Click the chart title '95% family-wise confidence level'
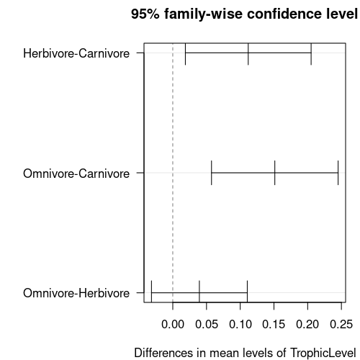click(x=244, y=14)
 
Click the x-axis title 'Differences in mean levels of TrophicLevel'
click(x=245, y=353)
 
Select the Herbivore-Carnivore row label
click(x=76, y=53)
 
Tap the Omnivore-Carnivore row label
click(x=76, y=174)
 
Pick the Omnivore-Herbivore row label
click(x=76, y=293)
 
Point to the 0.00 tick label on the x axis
click(x=173, y=325)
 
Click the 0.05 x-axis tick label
click(x=207, y=325)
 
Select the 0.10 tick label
click(x=240, y=325)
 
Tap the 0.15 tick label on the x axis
click(x=274, y=325)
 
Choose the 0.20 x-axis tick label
click(x=307, y=325)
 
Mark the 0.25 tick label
click(x=341, y=325)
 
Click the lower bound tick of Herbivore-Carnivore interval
click(x=185, y=54)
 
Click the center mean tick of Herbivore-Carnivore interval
click(x=248, y=54)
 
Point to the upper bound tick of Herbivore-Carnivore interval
click(x=311, y=54)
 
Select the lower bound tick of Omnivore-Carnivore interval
click(x=212, y=173)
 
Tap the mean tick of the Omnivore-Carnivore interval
click(x=275, y=173)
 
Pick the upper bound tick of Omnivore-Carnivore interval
click(x=338, y=173)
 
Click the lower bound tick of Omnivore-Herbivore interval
click(x=152, y=291)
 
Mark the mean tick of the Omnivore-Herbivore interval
click(x=199, y=291)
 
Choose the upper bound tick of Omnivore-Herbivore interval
click(x=247, y=291)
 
